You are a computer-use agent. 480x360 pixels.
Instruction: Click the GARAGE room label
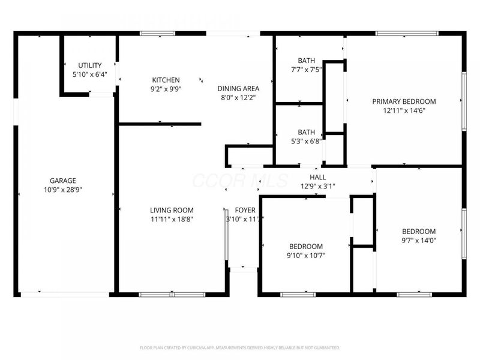(62, 181)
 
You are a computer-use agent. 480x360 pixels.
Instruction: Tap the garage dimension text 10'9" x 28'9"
(62, 189)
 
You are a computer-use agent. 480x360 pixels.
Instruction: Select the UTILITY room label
(90, 65)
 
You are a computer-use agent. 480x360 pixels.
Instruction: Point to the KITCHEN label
(166, 80)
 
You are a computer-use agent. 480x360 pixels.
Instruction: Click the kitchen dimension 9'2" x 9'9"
(166, 89)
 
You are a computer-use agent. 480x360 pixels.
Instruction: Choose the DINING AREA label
(238, 89)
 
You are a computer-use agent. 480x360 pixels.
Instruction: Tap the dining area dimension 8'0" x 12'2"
(238, 97)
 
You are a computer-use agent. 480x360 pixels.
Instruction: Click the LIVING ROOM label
(172, 210)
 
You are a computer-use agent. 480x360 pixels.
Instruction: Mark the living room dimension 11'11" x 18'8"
(172, 219)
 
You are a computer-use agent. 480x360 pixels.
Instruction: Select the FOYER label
(245, 210)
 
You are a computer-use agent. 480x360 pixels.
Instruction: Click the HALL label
(317, 177)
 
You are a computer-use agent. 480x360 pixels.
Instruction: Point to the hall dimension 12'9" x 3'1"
(317, 186)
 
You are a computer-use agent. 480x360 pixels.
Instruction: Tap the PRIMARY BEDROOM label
(404, 101)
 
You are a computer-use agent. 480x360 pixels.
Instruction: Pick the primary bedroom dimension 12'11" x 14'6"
(404, 110)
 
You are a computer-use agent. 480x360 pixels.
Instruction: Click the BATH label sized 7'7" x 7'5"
(306, 61)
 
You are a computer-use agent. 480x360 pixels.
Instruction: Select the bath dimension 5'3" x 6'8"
(306, 141)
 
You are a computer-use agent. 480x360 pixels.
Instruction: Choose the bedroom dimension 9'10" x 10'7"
(306, 255)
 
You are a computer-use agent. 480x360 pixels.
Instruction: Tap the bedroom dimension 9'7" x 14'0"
(419, 240)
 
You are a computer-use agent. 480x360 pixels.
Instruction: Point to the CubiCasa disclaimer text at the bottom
(240, 347)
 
